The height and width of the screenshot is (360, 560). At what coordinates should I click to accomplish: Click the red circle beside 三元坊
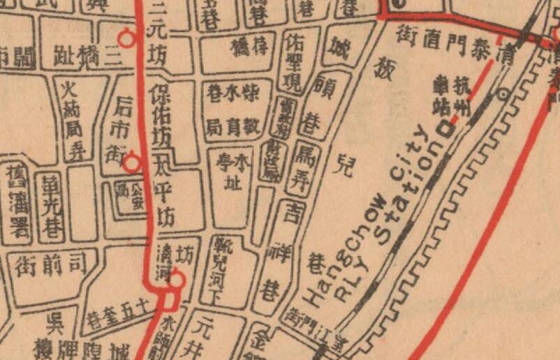[127, 38]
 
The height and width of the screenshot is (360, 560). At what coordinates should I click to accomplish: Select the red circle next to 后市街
[131, 163]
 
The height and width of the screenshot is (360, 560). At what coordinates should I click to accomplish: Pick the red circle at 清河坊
[177, 280]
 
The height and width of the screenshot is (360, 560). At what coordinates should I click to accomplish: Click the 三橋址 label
[87, 54]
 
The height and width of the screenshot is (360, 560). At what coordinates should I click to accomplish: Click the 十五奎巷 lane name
[122, 309]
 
